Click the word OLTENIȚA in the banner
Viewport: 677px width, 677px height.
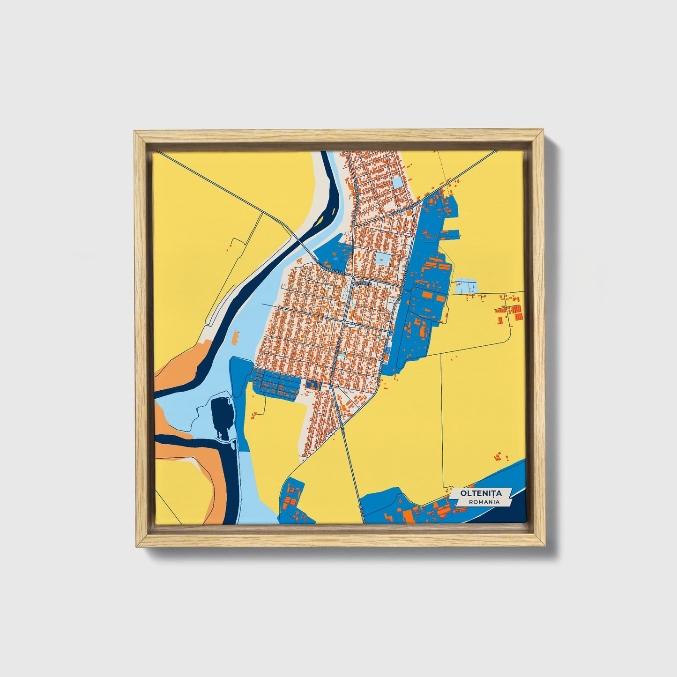481,493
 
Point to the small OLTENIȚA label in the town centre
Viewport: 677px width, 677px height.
362,283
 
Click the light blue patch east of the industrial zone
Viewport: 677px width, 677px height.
466,286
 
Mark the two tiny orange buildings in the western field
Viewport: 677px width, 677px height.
230,245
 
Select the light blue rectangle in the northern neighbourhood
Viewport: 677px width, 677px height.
397,182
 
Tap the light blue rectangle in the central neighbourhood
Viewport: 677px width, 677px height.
381,260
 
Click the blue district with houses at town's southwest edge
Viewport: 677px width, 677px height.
276,383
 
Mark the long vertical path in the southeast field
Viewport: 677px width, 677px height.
442,422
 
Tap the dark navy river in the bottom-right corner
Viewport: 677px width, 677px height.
515,511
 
